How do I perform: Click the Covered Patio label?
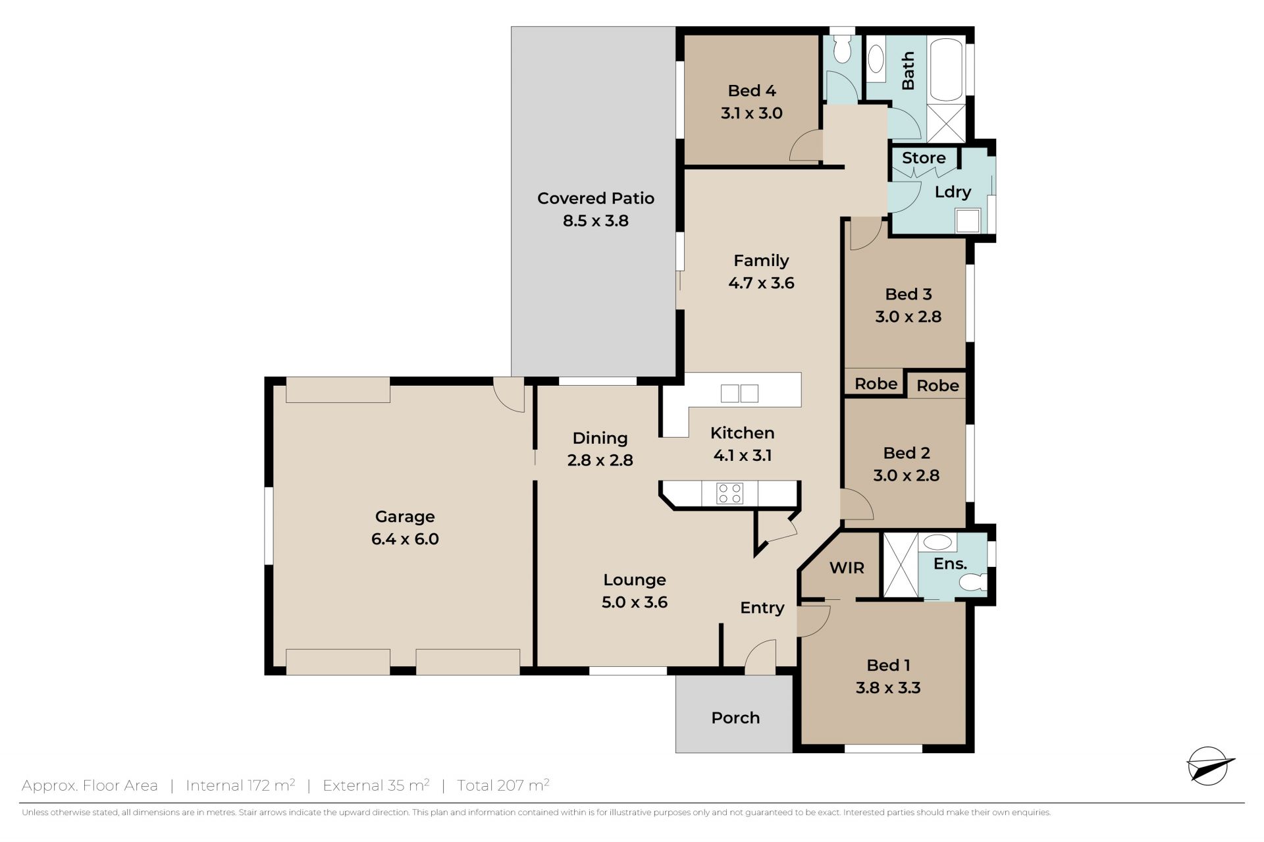click(595, 198)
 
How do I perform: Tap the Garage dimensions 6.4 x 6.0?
click(405, 539)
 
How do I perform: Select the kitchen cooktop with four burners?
click(729, 494)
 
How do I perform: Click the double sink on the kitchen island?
click(739, 393)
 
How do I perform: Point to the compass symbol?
click(1209, 766)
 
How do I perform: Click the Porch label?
click(735, 718)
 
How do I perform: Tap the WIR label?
click(847, 567)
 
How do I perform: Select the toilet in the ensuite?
click(972, 581)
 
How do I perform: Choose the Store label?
click(924, 158)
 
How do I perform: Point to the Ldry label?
click(953, 192)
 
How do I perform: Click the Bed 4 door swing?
click(806, 146)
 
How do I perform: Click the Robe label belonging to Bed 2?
click(937, 386)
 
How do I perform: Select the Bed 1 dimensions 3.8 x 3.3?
click(888, 688)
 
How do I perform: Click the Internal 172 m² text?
click(240, 785)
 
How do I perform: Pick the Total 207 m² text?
click(503, 785)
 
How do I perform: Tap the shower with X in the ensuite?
click(900, 566)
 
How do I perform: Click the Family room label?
click(761, 261)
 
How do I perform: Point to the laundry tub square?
click(968, 221)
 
